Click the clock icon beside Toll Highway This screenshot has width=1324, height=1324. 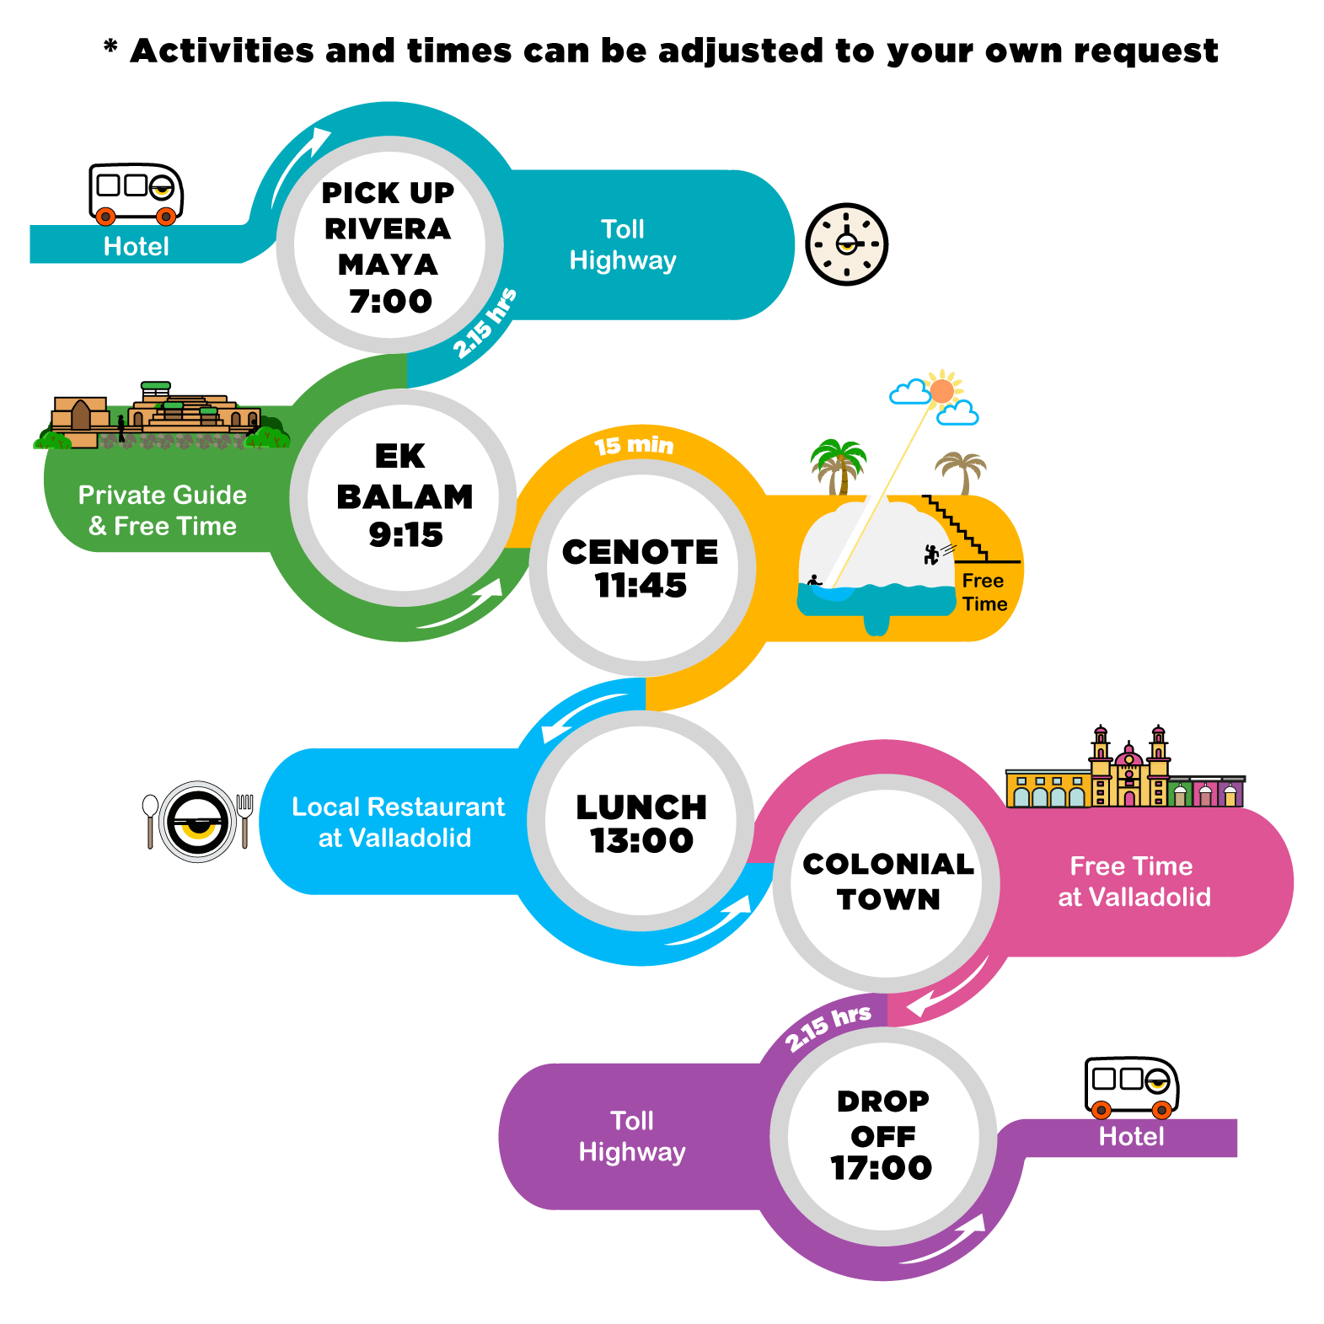point(846,244)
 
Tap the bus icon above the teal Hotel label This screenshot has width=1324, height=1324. point(136,194)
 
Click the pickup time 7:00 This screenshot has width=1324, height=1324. point(390,301)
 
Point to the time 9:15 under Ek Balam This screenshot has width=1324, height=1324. point(405,534)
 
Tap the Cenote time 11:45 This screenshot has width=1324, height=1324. point(641,585)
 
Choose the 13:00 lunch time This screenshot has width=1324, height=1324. point(641,840)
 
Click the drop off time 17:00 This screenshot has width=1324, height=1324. point(882,1167)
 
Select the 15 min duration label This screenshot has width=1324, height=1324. point(634,445)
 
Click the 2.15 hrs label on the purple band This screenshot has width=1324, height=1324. point(828,1027)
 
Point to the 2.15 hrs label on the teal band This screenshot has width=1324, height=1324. point(485,323)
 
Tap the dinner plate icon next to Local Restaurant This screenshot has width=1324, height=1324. point(198,821)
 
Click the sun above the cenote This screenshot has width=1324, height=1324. point(942,391)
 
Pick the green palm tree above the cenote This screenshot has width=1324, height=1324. point(838,467)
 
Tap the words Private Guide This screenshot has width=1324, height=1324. point(163,495)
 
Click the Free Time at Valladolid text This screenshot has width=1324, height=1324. point(1134,882)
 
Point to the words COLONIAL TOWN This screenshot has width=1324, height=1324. point(888,882)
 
